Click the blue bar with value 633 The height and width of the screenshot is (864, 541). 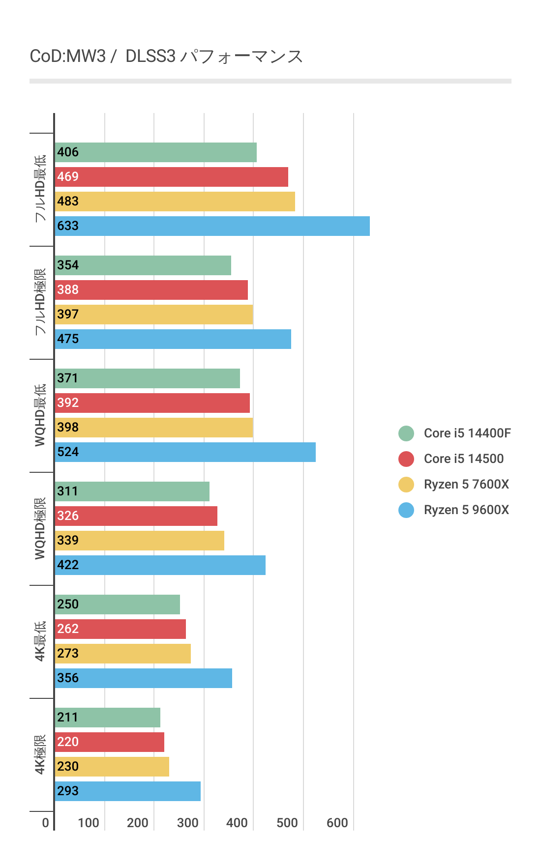point(212,226)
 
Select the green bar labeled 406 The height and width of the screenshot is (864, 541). point(155,152)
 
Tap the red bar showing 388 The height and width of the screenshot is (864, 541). point(151,290)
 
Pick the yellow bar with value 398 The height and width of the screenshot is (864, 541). point(153,428)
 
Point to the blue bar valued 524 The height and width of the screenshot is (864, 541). point(185,452)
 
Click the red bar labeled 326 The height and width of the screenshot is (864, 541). point(136,516)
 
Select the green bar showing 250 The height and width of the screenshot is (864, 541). point(117,605)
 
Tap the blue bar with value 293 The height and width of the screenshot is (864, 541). point(127,791)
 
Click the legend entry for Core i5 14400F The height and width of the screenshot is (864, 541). point(467,433)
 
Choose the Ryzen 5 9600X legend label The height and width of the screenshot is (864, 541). point(466,510)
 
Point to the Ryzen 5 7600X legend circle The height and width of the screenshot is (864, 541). point(406,485)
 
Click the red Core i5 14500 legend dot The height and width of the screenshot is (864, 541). point(406,459)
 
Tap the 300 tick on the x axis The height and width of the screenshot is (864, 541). point(187,823)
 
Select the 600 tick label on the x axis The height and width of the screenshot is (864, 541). point(337,823)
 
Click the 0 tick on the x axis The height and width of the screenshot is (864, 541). point(46,823)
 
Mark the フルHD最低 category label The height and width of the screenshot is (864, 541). point(40,189)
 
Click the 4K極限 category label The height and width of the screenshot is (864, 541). point(40,754)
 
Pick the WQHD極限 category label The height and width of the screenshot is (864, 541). point(40,528)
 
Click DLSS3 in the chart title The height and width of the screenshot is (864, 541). point(150,57)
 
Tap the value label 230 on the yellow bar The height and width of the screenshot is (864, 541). point(68,767)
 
